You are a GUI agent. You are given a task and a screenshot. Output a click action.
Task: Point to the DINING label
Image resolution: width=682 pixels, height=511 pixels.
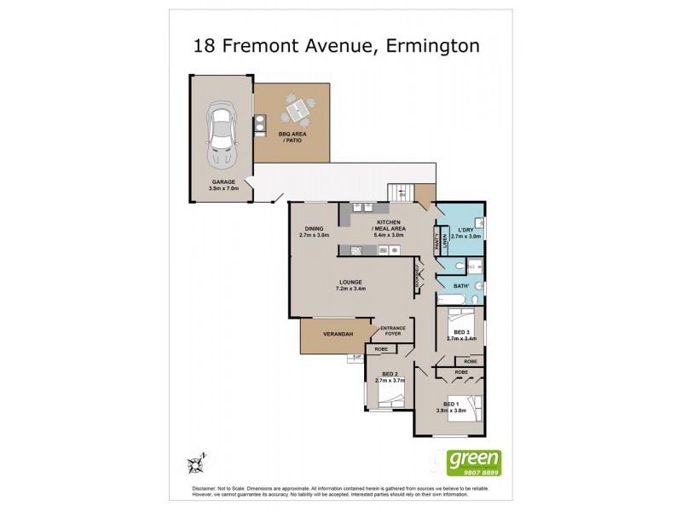click(313, 227)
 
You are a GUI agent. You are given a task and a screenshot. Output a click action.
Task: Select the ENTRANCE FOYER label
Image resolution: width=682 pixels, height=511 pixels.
click(393, 330)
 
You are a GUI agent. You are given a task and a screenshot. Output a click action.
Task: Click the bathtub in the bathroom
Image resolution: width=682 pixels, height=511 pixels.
click(453, 300)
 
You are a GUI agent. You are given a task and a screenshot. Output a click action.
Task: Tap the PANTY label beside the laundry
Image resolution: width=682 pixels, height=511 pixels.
click(436, 242)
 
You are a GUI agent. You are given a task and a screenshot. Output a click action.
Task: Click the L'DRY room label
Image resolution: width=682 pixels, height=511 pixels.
click(465, 231)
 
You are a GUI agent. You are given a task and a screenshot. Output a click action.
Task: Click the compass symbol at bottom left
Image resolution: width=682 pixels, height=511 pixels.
click(195, 462)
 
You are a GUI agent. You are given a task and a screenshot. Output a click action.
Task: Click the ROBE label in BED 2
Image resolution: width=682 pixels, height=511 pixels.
click(381, 348)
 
